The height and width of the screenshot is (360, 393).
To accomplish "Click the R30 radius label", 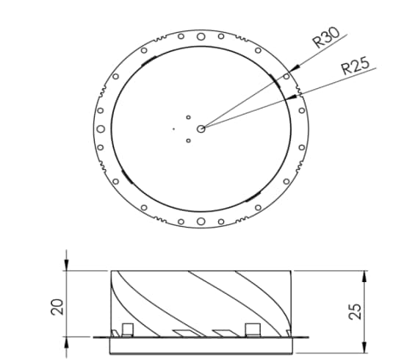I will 325,37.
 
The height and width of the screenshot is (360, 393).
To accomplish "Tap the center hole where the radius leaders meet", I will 201,128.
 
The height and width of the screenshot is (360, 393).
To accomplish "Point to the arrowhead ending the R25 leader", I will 297,96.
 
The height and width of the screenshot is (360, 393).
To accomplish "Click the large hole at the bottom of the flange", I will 201,222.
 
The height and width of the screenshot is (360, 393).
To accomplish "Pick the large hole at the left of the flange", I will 101,128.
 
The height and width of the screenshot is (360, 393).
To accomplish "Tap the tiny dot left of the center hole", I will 174,129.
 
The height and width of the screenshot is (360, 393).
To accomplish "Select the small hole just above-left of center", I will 188,117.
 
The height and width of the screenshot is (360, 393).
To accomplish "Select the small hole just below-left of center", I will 188,140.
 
